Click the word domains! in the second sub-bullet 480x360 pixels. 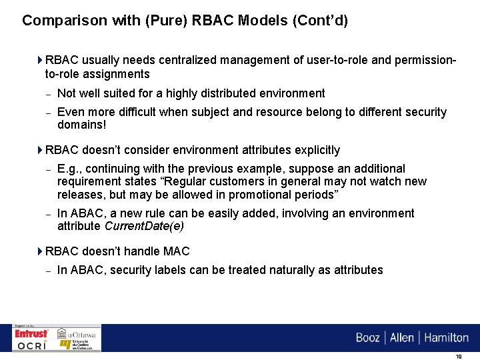tap(82, 125)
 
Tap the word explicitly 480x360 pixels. tap(315, 150)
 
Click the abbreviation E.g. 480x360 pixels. tap(69, 169)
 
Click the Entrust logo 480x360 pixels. tap(32, 333)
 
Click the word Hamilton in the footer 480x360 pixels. tap(446, 337)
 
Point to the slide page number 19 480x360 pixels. tap(459, 356)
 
